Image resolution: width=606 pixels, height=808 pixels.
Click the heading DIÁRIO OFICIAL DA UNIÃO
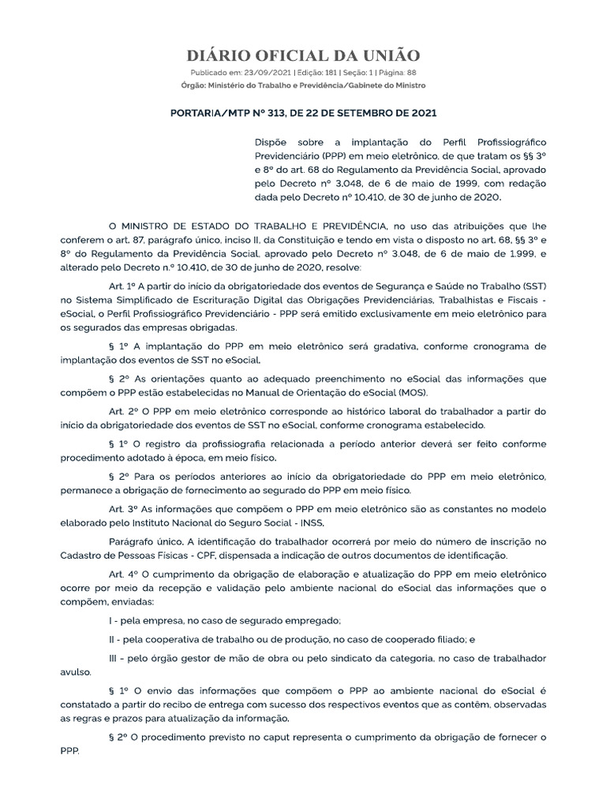coord(303,55)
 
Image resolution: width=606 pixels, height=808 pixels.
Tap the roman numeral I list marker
coord(110,621)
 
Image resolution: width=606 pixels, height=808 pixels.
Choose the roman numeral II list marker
coord(113,639)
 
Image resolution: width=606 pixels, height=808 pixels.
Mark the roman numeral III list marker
coord(114,658)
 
